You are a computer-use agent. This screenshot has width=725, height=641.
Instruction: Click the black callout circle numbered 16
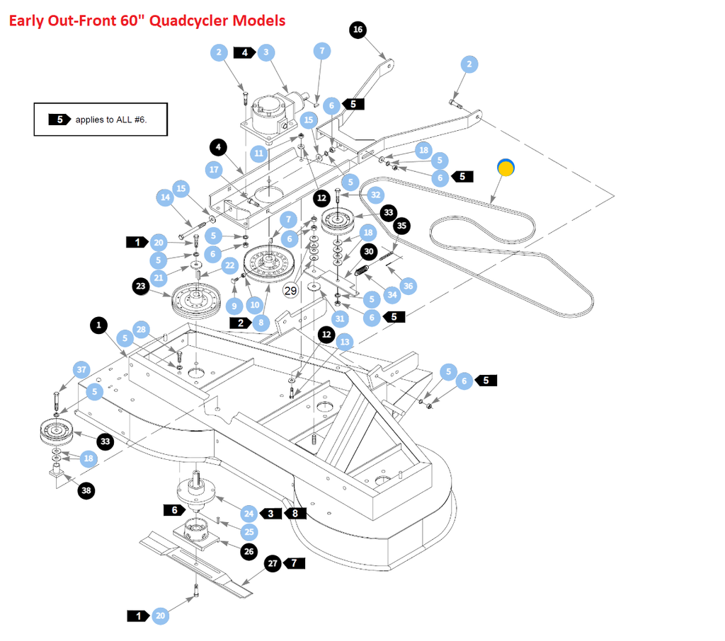358,29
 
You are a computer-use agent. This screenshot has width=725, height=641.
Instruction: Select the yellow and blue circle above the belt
506,167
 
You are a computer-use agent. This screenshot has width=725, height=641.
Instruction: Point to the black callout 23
141,287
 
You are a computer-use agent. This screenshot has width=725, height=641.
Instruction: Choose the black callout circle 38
86,490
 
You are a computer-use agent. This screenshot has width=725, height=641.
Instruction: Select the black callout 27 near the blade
273,564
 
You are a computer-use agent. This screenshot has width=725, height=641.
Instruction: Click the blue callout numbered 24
249,514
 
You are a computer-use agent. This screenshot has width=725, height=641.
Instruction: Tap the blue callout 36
407,286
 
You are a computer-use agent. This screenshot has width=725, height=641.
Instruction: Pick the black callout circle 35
402,226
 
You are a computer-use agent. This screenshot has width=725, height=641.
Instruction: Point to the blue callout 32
375,195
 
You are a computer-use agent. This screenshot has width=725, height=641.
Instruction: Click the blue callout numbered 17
215,170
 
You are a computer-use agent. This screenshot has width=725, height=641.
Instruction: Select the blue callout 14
166,198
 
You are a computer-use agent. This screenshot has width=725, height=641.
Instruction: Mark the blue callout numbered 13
345,342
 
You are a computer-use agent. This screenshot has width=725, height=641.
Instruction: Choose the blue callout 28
142,330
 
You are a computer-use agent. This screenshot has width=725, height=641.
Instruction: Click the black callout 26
249,551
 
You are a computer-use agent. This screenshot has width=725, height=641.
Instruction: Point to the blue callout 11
258,153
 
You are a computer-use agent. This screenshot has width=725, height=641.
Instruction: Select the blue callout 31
341,319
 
